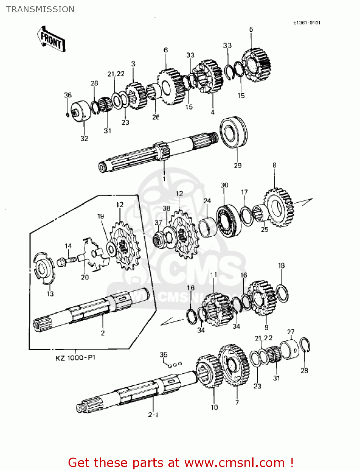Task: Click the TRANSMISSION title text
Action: (x=40, y=9)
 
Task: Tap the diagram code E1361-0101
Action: (x=306, y=23)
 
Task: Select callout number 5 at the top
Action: (x=251, y=29)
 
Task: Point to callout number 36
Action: (x=68, y=95)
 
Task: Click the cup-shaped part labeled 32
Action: (x=80, y=111)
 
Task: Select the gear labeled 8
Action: (x=279, y=207)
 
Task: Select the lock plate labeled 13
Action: (x=43, y=268)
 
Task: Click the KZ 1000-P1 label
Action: (x=75, y=358)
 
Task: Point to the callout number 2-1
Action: (x=153, y=415)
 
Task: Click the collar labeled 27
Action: (x=290, y=350)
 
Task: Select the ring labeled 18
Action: (x=282, y=293)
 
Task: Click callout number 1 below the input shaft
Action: (x=164, y=179)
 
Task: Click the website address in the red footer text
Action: (x=234, y=462)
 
